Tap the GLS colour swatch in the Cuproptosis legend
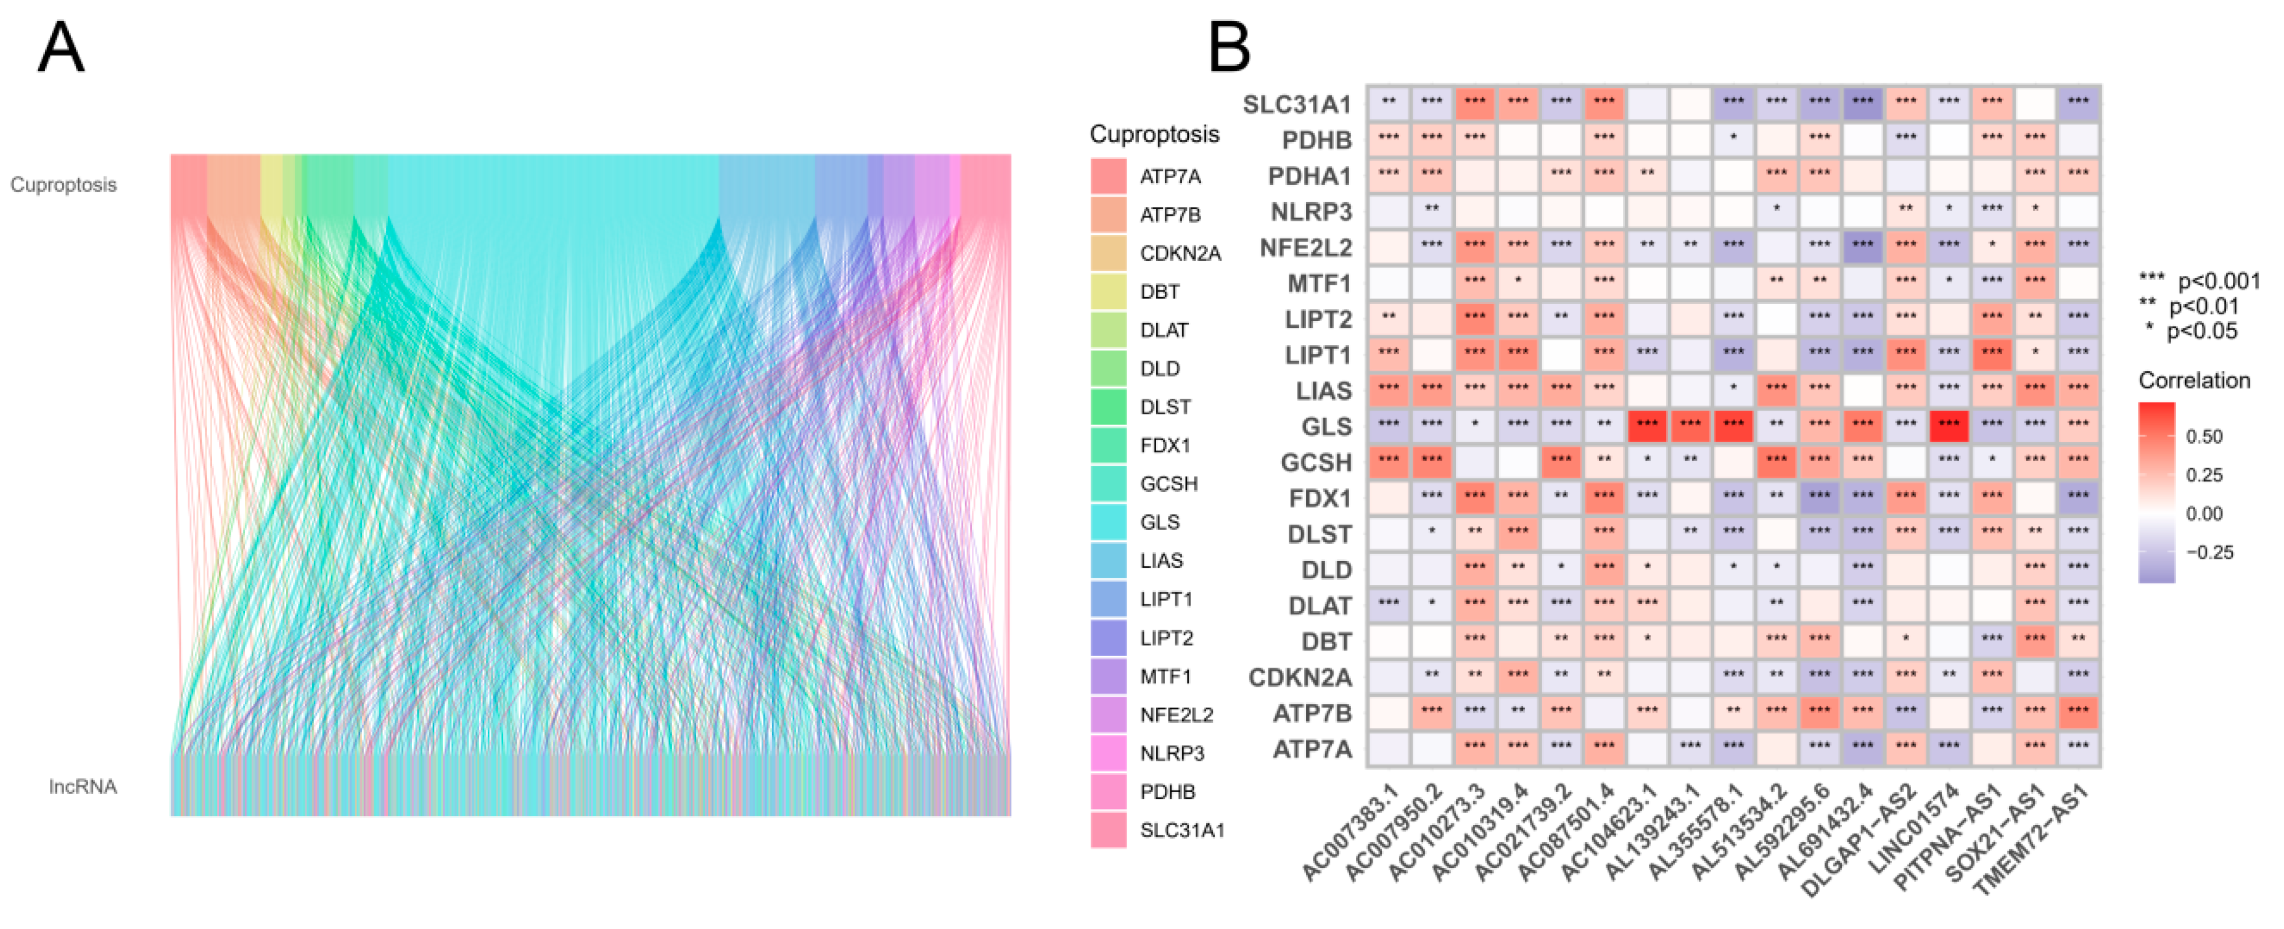point(1108,522)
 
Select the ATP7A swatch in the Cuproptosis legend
point(1108,176)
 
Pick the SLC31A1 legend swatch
point(1108,830)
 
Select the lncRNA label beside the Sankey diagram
point(83,786)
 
